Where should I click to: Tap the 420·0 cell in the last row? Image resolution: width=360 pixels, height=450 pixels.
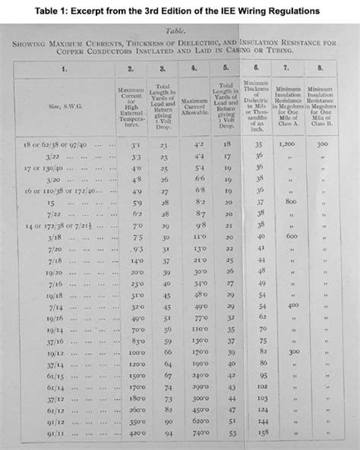pyautogui.click(x=136, y=433)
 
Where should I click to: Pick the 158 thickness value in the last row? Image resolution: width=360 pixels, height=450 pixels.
pyautogui.click(x=262, y=433)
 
